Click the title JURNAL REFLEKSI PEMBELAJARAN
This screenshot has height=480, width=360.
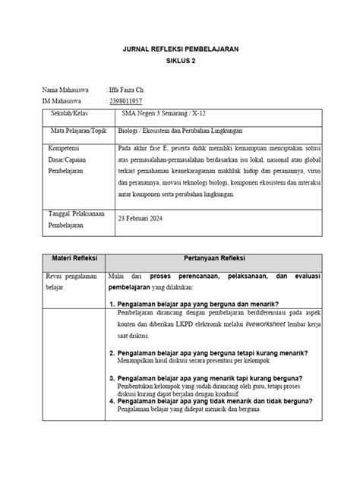[x=181, y=49]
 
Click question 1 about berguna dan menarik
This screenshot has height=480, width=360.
[x=201, y=304]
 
